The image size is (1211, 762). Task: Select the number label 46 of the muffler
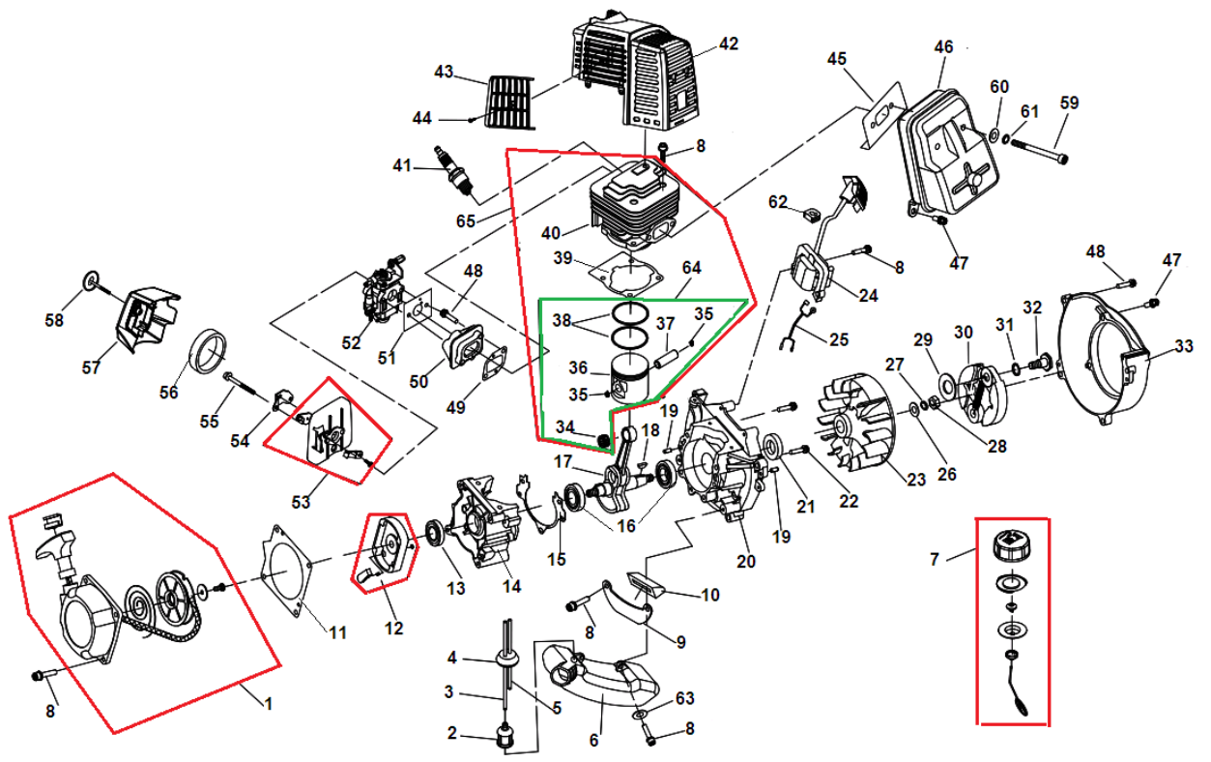tap(943, 46)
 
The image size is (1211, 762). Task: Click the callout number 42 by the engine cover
tap(728, 44)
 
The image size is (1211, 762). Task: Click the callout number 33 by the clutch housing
tap(1183, 345)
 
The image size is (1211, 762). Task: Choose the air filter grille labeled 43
tap(509, 100)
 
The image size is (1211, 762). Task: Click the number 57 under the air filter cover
tap(91, 367)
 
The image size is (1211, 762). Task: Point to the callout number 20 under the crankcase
tap(745, 562)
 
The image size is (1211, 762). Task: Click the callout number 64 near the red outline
tap(691, 267)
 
